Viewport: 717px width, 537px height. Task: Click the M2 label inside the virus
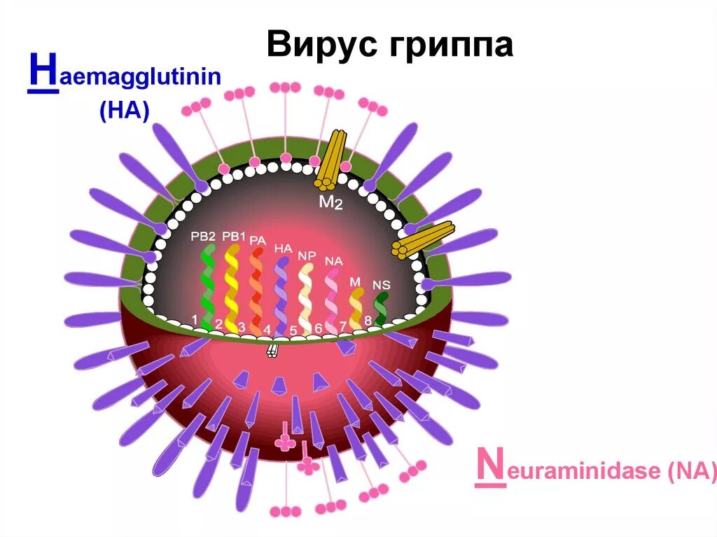pos(330,204)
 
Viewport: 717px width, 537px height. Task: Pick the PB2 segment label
pos(203,236)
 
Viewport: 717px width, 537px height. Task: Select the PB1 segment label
pos(234,236)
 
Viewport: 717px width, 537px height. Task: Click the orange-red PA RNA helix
pos(256,287)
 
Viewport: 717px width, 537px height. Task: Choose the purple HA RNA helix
pos(281,294)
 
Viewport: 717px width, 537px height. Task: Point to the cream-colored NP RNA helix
pos(306,294)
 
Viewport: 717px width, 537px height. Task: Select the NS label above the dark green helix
pos(382,284)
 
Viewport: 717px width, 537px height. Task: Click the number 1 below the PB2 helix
pos(195,319)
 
